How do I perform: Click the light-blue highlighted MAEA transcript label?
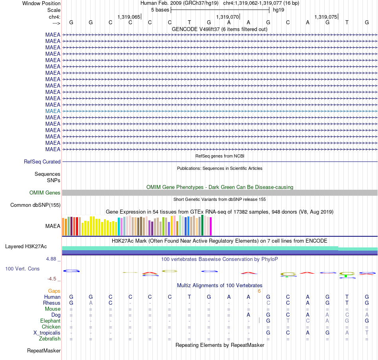pos(53,111)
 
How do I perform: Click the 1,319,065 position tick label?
pos(129,17)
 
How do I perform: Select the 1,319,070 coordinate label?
pos(227,17)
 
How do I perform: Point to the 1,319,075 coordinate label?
pos(326,17)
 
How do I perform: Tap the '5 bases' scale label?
pos(160,10)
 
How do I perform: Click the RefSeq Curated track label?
pos(42,162)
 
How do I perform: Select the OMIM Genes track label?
pos(45,193)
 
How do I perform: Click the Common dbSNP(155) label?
pos(35,205)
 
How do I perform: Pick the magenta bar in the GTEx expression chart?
pos(211,226)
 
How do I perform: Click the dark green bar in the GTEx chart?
pos(203,225)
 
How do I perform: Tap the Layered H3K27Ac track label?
pos(26,247)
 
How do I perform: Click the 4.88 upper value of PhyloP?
pos(51,259)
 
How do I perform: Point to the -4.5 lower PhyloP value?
pos(52,279)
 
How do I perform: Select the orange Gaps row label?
pos(54,291)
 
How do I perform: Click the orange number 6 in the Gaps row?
pos(259,291)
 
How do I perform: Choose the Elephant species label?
pos(51,321)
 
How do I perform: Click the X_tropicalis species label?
pos(47,333)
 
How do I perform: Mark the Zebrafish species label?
pos(50,339)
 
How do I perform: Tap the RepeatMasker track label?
pos(44,350)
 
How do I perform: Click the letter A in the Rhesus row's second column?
pos(91,303)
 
